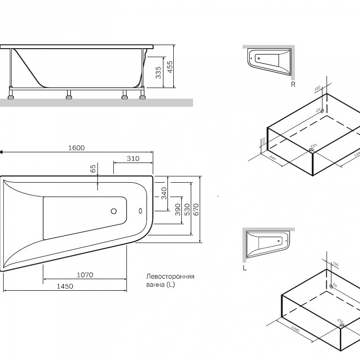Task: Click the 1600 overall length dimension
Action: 77,148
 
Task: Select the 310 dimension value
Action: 133,158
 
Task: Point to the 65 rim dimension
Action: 93,169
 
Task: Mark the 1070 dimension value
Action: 85,275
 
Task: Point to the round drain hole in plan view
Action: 114,211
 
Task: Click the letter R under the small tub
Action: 293,84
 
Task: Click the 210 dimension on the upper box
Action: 263,142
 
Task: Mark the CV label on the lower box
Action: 335,285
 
